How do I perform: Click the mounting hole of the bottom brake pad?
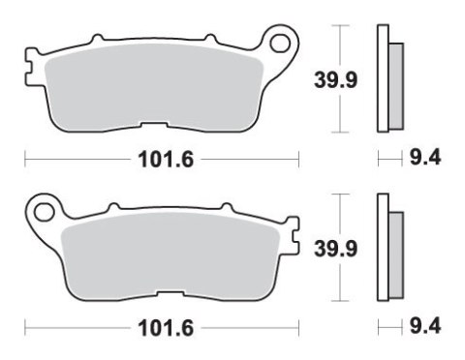(x=42, y=208)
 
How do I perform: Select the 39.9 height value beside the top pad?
(x=329, y=81)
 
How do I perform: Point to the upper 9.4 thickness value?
(x=425, y=159)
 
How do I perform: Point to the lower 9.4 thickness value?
(x=425, y=327)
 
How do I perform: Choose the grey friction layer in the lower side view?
(x=396, y=253)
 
